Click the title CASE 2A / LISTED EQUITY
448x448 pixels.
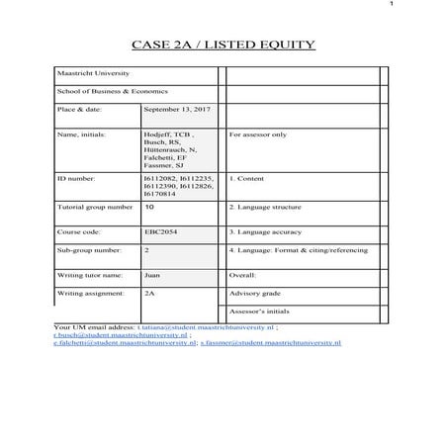pyautogui.click(x=224, y=45)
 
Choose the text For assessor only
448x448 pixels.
pyautogui.click(x=258, y=133)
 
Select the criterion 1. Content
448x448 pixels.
pyautogui.click(x=247, y=179)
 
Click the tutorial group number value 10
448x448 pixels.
pyautogui.click(x=149, y=208)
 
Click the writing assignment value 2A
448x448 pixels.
pyautogui.click(x=149, y=293)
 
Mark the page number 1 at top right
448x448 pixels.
pyautogui.click(x=434, y=7)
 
